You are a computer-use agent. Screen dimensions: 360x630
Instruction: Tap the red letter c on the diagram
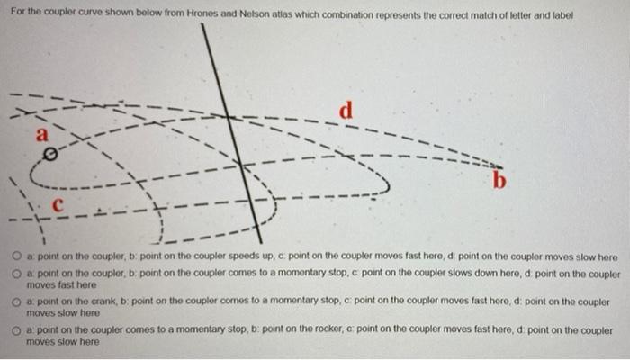57,206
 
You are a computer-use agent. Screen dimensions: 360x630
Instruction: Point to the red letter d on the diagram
346,112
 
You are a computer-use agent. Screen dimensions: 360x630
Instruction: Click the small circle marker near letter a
51,156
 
